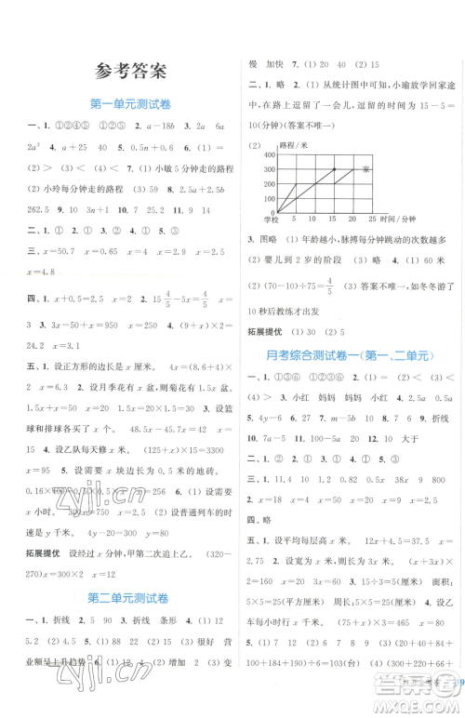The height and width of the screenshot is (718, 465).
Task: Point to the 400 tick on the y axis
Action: (270, 153)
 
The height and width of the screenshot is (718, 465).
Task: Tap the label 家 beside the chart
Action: (366, 169)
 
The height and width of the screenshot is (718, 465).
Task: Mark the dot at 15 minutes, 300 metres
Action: (334, 169)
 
